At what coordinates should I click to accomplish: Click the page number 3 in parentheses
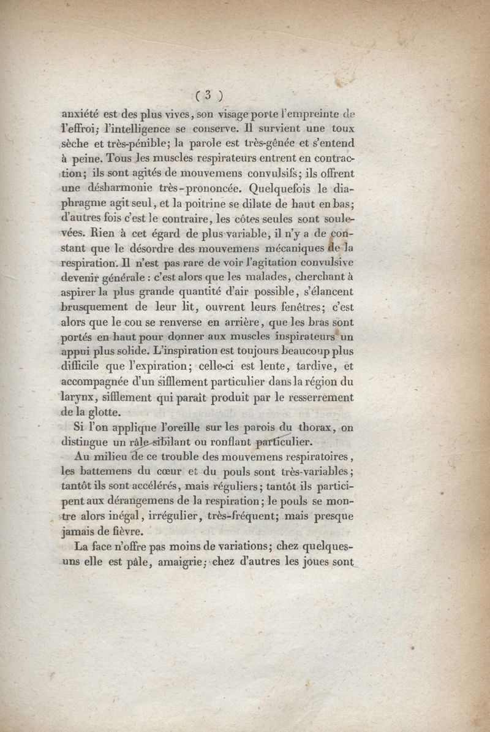tap(208, 95)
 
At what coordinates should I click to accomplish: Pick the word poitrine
tap(225, 204)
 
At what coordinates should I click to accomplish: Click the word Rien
tap(91, 233)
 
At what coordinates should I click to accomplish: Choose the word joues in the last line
tap(309, 562)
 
